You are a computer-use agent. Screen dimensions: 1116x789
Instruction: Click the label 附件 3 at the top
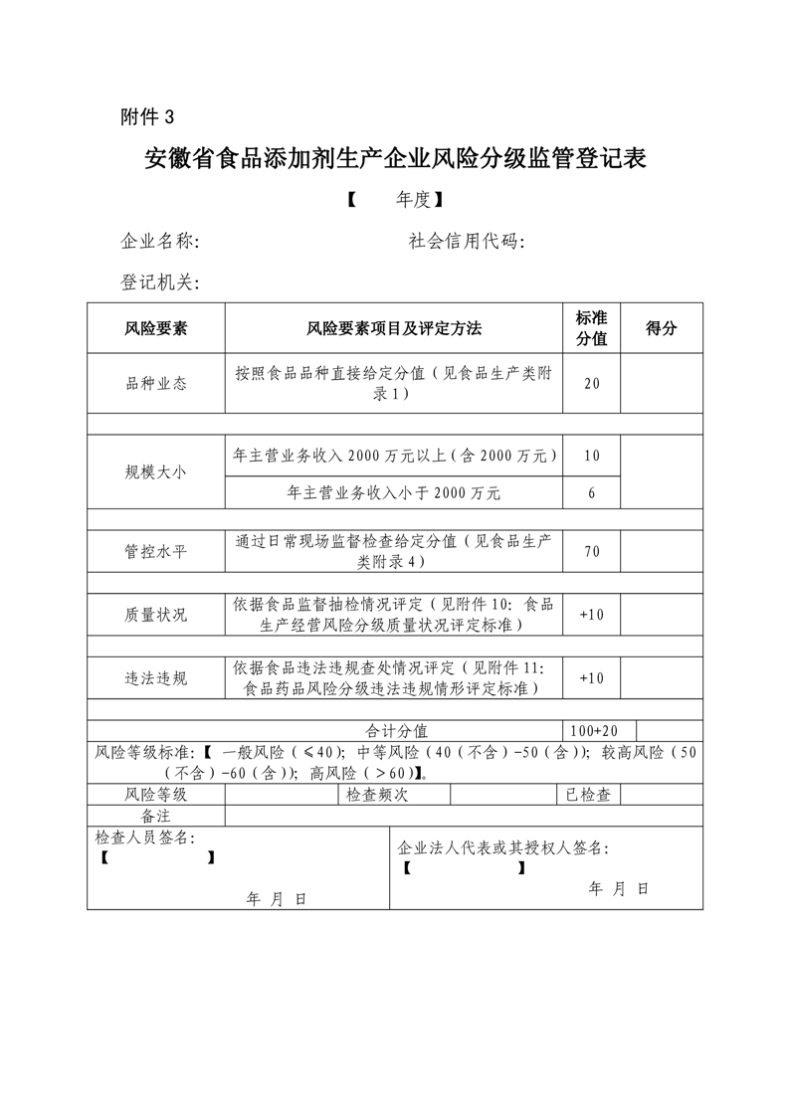(146, 116)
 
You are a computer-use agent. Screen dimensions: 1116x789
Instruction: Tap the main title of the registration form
(395, 159)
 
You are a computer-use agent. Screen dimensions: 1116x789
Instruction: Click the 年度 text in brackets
(413, 200)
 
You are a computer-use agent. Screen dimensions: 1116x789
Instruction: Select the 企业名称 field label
(159, 242)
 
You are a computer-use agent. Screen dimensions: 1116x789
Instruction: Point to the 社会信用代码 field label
(467, 242)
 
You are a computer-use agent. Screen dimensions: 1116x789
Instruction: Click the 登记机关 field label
(159, 283)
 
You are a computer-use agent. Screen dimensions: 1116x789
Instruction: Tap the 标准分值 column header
(591, 328)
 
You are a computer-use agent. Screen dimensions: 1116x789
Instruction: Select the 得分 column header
(661, 328)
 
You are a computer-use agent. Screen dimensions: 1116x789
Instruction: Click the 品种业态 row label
(155, 383)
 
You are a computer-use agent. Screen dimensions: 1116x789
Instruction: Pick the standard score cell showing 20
(591, 383)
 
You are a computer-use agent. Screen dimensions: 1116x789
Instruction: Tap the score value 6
(591, 492)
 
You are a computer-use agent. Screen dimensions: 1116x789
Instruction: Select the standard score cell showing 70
(591, 551)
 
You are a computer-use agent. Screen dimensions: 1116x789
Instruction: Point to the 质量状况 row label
(155, 615)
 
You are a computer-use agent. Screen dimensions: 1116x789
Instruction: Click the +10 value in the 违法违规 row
(591, 678)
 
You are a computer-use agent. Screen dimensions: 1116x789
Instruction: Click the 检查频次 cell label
(376, 795)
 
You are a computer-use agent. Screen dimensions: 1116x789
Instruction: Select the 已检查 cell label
(588, 795)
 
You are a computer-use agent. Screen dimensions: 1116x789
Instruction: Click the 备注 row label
(155, 816)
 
